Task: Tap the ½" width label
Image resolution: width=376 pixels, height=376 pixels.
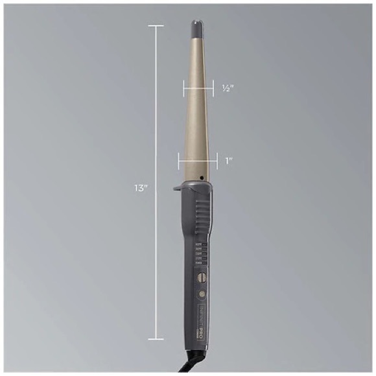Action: (x=227, y=88)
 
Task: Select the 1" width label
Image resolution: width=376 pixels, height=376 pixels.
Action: (x=229, y=159)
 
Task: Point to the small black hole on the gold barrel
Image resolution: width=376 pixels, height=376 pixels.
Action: (x=202, y=177)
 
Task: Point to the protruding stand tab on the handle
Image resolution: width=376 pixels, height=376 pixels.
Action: (x=178, y=189)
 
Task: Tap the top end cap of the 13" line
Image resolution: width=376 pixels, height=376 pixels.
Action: (x=156, y=26)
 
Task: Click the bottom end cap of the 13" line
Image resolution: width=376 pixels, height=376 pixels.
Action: (x=156, y=339)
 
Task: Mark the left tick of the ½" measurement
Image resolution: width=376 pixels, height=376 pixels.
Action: (x=185, y=88)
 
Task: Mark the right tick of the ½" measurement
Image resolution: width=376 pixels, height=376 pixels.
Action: (x=212, y=88)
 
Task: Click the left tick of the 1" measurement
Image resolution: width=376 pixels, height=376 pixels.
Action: (x=179, y=159)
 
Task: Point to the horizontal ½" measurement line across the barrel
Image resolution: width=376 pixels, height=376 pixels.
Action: (x=198, y=88)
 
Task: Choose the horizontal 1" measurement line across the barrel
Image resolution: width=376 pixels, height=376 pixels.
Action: (x=198, y=159)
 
